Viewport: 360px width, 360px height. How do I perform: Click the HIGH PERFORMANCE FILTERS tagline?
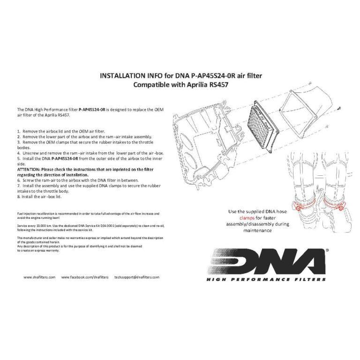coord(266,279)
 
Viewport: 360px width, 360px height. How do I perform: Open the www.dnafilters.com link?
coord(40,277)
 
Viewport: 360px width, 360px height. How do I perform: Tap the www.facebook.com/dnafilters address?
coord(82,277)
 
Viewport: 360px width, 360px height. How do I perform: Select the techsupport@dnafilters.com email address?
coord(137,277)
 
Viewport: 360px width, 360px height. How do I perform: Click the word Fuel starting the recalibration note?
coord(20,213)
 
